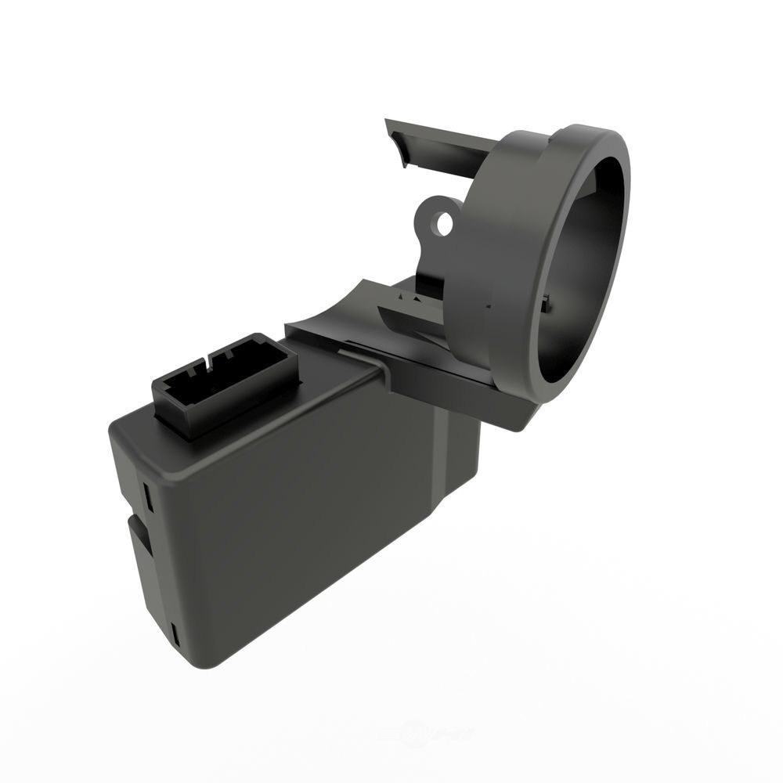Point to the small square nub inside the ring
coord(547,301)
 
